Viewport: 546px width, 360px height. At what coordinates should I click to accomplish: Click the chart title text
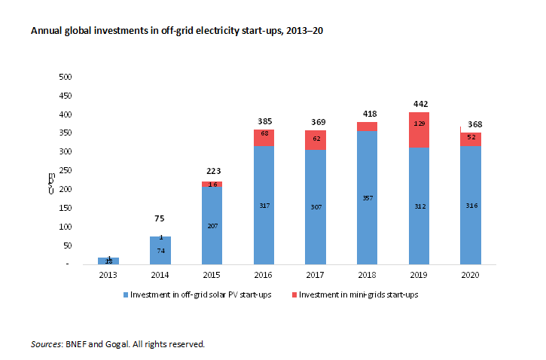(178, 32)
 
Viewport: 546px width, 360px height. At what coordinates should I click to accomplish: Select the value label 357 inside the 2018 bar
(367, 198)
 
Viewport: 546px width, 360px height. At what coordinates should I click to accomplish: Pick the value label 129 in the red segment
(418, 122)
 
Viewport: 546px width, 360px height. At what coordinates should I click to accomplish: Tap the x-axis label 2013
(108, 275)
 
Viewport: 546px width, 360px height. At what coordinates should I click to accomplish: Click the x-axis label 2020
(470, 275)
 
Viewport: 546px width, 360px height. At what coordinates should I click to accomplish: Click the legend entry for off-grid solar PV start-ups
(200, 294)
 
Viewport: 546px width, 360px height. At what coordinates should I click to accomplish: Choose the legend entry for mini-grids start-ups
(358, 294)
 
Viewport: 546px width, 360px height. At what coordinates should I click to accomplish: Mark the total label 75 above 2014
(160, 218)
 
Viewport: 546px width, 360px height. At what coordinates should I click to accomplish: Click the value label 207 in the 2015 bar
(212, 225)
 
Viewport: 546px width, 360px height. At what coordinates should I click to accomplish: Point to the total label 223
(212, 171)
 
